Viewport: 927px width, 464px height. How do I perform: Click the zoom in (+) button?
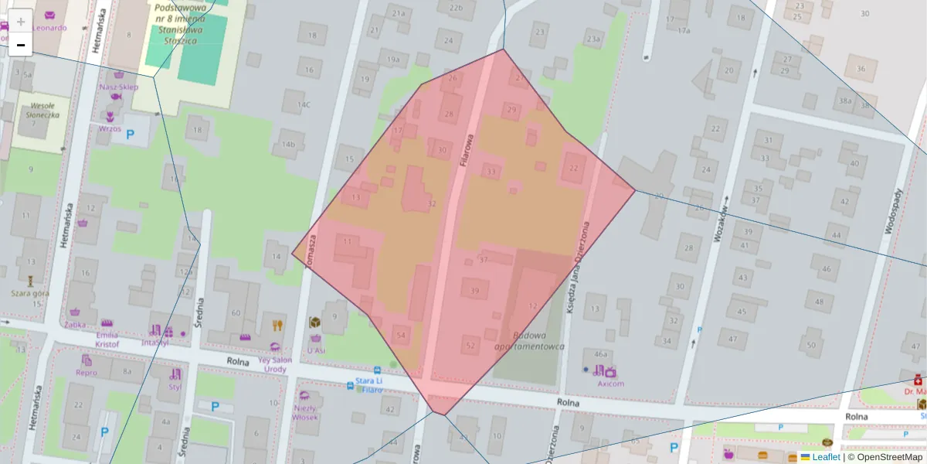21,21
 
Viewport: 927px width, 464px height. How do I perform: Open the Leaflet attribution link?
826,457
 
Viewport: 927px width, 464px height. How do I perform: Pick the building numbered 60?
236,312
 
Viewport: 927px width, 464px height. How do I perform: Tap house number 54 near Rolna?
400,335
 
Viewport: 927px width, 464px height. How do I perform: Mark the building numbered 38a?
845,101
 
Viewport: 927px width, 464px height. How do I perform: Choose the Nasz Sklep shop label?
117,87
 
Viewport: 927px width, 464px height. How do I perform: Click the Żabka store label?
75,325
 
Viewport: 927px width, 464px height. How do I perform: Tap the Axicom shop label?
610,383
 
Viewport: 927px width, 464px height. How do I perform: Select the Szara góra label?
30,293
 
